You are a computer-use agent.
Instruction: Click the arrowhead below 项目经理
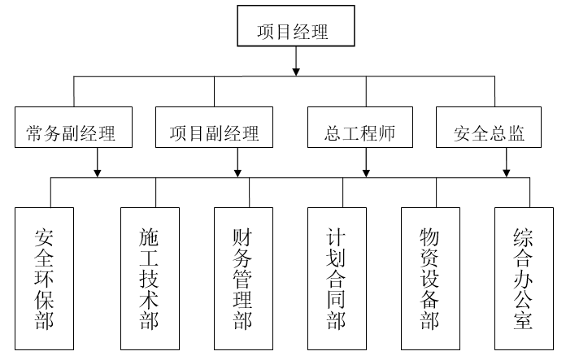coord(296,69)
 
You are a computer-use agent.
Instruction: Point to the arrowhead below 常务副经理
coord(98,171)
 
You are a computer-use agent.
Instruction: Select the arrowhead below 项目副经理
coord(237,171)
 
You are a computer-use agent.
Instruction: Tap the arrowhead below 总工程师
coord(366,171)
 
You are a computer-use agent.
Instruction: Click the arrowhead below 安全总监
coord(507,171)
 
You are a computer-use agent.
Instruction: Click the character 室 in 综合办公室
coord(524,319)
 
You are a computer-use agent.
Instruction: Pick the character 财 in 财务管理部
coord(243,237)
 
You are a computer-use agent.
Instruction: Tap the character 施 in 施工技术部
coord(150,237)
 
